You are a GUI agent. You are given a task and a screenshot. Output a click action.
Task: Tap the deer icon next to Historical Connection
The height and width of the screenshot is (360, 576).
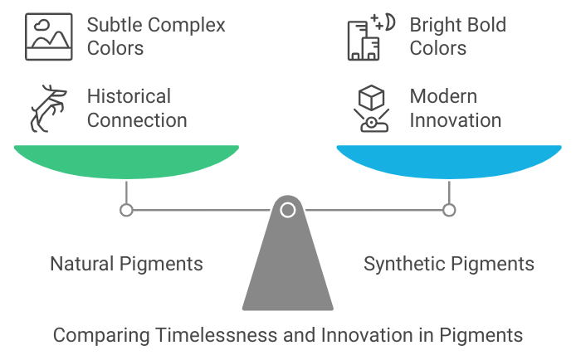click(49, 107)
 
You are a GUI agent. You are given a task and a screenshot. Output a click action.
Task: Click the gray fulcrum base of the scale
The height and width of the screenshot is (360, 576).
click(287, 265)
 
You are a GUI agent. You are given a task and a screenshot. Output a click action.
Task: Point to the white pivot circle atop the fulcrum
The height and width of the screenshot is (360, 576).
click(287, 210)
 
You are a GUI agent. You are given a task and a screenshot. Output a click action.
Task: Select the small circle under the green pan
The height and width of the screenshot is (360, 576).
click(126, 210)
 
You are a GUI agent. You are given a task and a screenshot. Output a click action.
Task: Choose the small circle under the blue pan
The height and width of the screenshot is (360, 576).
click(449, 210)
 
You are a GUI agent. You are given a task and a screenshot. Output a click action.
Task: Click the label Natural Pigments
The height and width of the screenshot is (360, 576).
click(126, 264)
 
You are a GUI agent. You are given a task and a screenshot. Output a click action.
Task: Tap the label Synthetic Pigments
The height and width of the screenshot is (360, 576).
click(449, 264)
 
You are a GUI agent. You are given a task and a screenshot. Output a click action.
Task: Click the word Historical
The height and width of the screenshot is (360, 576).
click(129, 96)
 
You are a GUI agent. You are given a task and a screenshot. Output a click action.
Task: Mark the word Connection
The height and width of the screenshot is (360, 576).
click(137, 119)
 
